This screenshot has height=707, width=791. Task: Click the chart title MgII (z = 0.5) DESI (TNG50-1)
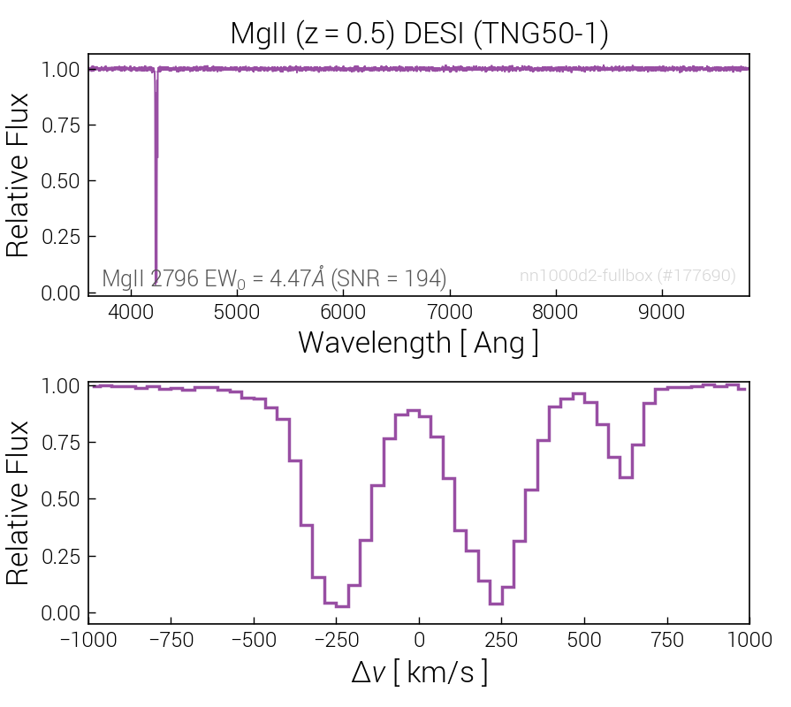click(x=419, y=33)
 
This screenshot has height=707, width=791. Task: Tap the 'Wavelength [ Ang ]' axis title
click(x=418, y=342)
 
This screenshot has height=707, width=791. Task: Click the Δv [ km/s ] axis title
click(x=418, y=673)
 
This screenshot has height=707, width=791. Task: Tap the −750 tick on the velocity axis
click(x=171, y=640)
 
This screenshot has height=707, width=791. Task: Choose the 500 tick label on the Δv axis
click(x=584, y=640)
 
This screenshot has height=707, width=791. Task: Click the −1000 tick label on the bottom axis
click(x=89, y=640)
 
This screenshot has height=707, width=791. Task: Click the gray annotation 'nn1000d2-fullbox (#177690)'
click(x=627, y=277)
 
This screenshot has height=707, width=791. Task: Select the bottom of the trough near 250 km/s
click(x=496, y=604)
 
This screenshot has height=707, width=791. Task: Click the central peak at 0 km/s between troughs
click(x=413, y=410)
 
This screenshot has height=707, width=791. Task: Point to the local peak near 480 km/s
click(x=579, y=394)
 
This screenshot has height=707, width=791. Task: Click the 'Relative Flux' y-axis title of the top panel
click(x=19, y=175)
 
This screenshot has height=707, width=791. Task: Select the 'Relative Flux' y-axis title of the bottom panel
click(x=19, y=502)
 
